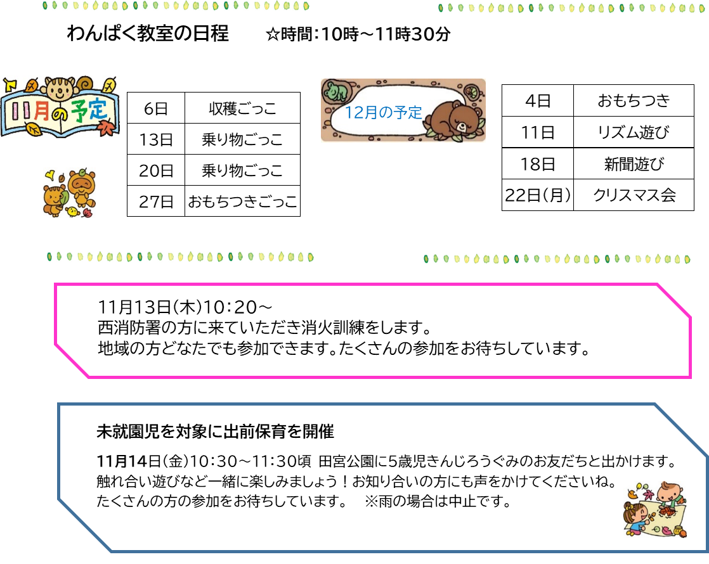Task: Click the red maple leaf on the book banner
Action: point(106,128)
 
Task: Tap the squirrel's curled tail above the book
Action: point(84,83)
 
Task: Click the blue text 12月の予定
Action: point(383,113)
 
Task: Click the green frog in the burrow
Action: point(334,92)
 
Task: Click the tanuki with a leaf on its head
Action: point(82,185)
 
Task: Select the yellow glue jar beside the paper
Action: point(678,530)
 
